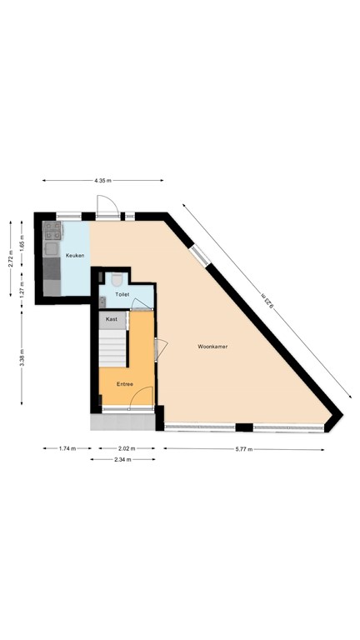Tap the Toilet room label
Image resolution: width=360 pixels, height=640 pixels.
(122, 294)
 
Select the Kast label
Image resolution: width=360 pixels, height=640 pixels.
(111, 318)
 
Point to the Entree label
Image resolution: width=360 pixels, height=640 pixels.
(125, 384)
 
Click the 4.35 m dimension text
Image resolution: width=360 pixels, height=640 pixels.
(102, 180)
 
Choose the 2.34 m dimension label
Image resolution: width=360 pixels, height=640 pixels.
(126, 458)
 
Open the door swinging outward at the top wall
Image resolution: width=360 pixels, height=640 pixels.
(107, 206)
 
